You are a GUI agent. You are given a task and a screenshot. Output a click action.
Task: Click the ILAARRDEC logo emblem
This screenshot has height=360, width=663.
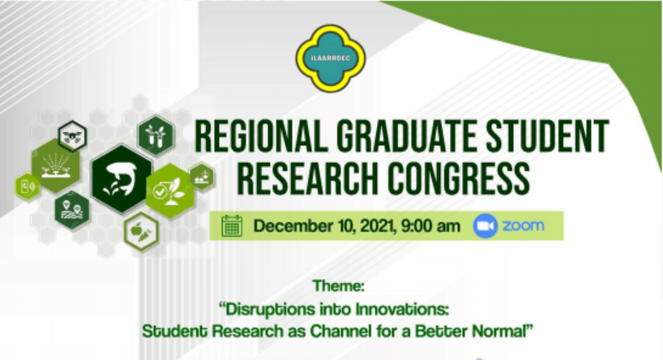tap(331, 58)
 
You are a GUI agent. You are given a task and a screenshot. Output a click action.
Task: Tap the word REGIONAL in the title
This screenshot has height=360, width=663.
tap(261, 137)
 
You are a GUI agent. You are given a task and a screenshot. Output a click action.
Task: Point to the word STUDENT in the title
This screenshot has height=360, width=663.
tap(547, 137)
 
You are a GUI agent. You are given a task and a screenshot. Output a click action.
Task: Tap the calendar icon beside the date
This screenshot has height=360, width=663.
tap(232, 226)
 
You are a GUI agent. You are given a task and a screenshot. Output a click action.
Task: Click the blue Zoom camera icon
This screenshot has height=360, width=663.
tap(485, 226)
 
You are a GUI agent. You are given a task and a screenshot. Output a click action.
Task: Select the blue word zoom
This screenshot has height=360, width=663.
tap(523, 226)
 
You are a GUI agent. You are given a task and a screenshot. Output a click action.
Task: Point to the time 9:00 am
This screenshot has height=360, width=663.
tap(430, 226)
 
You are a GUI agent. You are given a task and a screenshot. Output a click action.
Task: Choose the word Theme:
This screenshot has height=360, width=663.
tap(339, 286)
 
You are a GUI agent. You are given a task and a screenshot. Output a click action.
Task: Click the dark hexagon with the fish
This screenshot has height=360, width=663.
tap(122, 178)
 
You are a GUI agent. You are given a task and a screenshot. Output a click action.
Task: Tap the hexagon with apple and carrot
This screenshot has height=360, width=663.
tap(142, 231)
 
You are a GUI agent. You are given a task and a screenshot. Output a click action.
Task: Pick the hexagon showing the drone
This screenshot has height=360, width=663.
tap(72, 136)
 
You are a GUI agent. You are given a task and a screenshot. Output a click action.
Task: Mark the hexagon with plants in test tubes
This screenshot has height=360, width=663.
tap(156, 135)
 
